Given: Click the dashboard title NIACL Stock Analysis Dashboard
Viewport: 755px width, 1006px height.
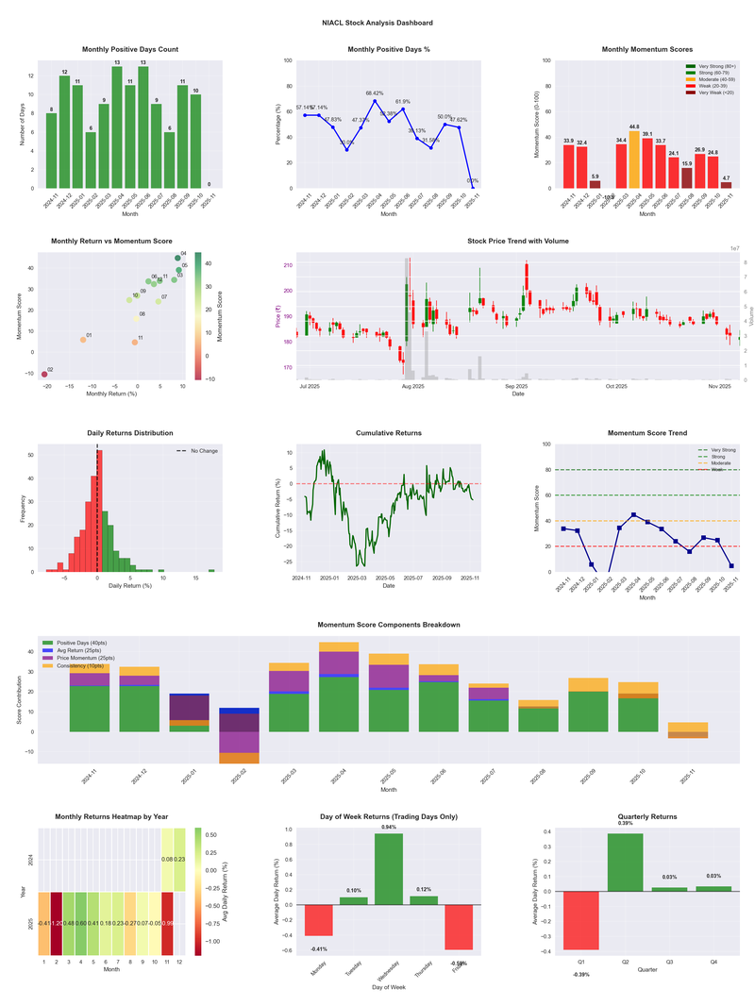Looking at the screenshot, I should pos(377,22).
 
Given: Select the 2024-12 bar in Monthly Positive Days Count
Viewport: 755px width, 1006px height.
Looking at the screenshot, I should pos(64,132).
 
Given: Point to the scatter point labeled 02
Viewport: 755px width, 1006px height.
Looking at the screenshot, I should pos(43,375).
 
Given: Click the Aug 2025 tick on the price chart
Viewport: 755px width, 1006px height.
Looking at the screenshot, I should pos(412,386).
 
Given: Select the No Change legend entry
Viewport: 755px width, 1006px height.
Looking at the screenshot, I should pos(198,451).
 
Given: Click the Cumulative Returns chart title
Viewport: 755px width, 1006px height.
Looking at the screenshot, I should pos(388,433).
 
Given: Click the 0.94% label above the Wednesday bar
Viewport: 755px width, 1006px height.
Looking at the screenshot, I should pos(388,828).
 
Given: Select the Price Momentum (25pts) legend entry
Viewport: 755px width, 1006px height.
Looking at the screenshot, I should pos(86,658).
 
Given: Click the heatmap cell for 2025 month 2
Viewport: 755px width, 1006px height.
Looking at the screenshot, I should pos(58,923).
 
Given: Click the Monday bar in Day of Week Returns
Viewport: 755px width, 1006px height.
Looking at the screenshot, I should pos(319,920).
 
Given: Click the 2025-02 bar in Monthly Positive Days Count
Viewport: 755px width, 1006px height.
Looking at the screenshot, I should pos(91,160).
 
